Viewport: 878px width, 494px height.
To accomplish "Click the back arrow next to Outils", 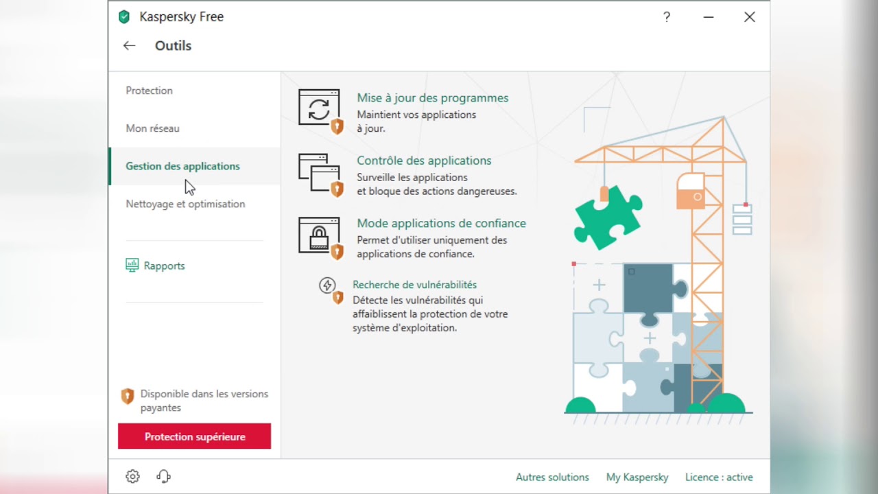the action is point(130,46).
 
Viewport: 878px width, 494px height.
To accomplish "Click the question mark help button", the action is point(666,17).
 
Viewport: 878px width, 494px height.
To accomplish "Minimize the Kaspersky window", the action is point(709,17).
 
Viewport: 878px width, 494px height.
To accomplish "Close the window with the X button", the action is point(750,17).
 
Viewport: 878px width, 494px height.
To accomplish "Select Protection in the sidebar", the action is point(149,91).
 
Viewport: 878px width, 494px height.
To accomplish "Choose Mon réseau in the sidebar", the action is point(152,128).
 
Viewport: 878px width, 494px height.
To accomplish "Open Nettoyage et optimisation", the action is point(185,204).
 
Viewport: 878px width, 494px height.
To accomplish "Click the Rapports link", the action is point(164,266).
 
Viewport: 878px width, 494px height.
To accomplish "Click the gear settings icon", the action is point(132,476).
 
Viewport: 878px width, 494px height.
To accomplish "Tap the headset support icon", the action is point(163,476).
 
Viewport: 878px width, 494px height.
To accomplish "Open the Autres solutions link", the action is point(552,477).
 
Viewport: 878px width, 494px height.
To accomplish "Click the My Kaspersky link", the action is point(637,477).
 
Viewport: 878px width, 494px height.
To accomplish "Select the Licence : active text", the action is point(719,477).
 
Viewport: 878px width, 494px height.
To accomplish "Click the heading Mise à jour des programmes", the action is point(433,98).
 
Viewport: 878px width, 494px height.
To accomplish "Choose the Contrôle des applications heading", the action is point(424,161).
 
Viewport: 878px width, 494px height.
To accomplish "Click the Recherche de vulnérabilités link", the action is point(415,285).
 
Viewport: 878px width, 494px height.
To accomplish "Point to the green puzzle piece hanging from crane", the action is point(608,218).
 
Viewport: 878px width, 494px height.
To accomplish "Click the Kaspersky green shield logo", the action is point(124,17).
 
